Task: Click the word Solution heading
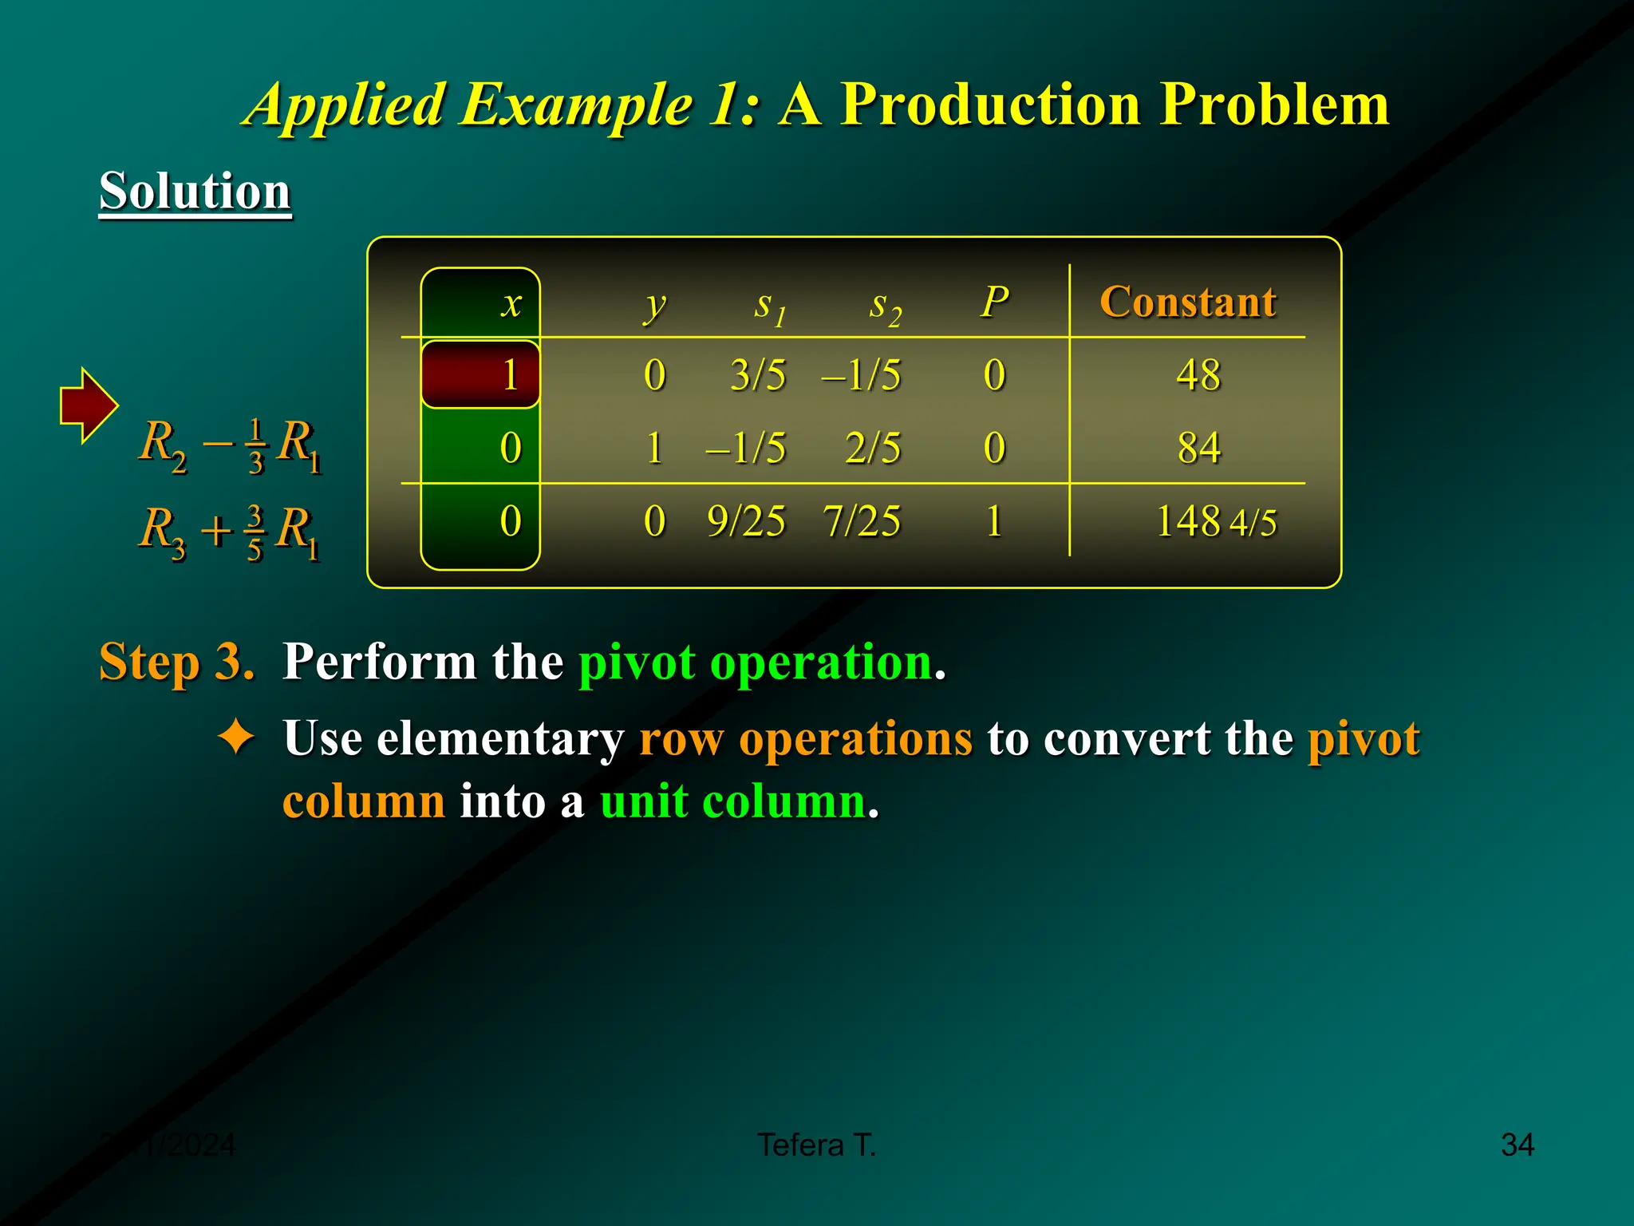(195, 192)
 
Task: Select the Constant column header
(1187, 303)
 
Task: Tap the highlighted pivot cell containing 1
(481, 374)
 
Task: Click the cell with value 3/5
(757, 375)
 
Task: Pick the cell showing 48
(1198, 375)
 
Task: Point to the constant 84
(1198, 448)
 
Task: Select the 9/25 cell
(746, 521)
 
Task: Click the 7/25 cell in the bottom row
(862, 521)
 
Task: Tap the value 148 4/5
(1215, 522)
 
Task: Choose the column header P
(994, 303)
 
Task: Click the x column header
(511, 304)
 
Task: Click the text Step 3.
(176, 662)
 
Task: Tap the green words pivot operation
(755, 662)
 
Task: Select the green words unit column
(732, 801)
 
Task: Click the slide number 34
(1517, 1145)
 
